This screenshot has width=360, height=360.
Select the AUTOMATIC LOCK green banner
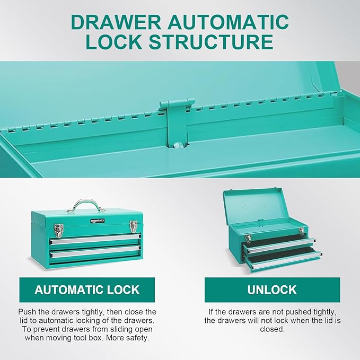[x=87, y=289]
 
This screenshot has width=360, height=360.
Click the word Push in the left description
[x=28, y=312]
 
